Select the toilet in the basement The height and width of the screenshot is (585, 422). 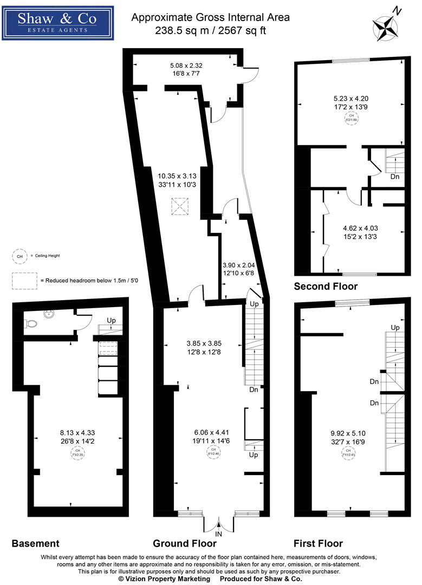point(31,323)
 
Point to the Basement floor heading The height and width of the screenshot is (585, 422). point(35,543)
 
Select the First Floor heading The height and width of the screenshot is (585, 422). point(318,543)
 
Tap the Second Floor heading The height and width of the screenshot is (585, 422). point(326,286)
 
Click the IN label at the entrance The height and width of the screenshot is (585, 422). point(219,534)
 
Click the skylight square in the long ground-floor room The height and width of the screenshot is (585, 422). point(179,206)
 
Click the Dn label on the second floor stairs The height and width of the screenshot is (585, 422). point(395,176)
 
